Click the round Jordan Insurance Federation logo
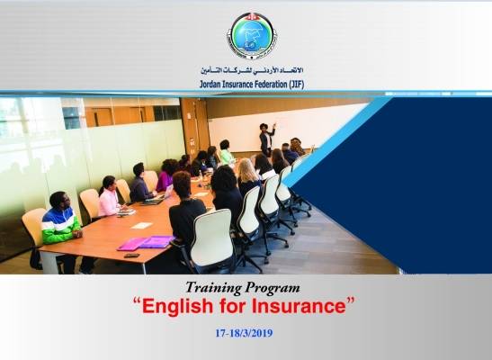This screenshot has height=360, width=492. [x=252, y=35]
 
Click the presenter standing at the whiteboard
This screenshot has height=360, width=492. [x=267, y=139]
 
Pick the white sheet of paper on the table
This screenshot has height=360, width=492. [x=142, y=225]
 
